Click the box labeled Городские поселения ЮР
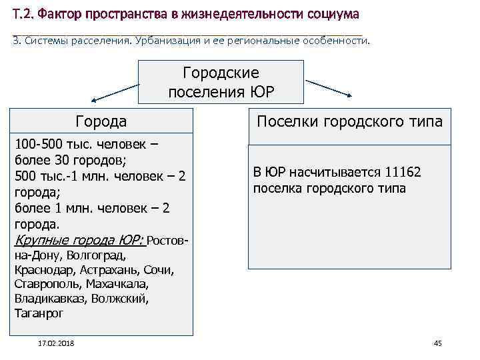(221, 82)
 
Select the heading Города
(101, 121)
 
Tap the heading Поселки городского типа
(349, 121)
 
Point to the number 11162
(400, 173)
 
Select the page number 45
(438, 343)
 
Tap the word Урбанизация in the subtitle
(172, 41)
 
